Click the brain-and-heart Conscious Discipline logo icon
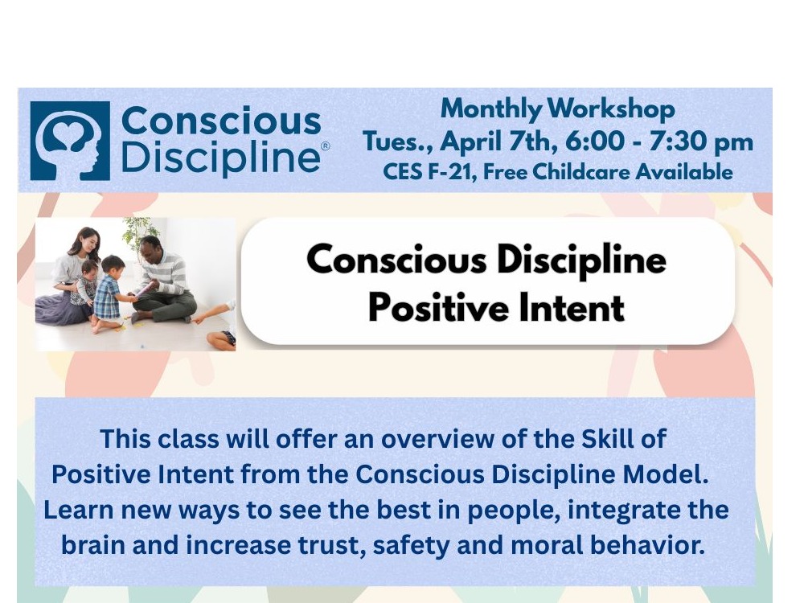[x=70, y=141]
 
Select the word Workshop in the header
[x=611, y=109]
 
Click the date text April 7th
[x=499, y=142]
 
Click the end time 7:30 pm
[x=701, y=142]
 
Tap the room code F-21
[x=449, y=172]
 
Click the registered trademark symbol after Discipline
[x=325, y=146]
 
